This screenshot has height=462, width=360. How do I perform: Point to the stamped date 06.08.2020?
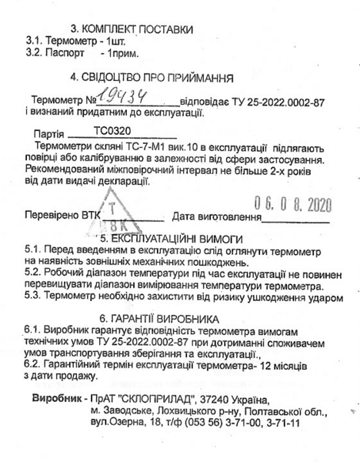pos(288,207)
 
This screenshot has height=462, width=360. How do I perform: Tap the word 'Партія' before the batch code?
pos(50,133)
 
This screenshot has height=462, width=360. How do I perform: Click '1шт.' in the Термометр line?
pos(111,42)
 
